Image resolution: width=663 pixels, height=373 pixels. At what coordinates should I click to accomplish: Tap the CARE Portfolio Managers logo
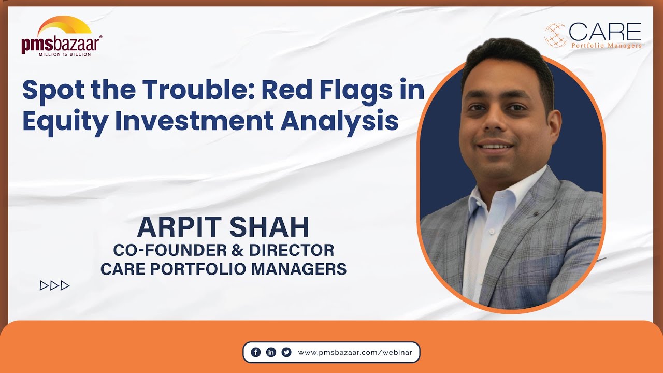click(593, 35)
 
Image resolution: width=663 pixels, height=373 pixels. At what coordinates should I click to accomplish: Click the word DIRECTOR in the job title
click(292, 250)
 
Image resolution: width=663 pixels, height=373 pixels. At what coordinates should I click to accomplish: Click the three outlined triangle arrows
click(54, 285)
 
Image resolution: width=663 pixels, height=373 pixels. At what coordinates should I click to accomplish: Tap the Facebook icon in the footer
click(255, 352)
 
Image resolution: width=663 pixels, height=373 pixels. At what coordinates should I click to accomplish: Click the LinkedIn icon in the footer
click(271, 352)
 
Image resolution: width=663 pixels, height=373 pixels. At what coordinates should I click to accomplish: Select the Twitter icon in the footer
click(286, 352)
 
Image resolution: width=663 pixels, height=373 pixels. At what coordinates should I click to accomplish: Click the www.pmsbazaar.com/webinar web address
click(355, 352)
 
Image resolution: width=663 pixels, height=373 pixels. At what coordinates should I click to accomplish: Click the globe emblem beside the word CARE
click(555, 35)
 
